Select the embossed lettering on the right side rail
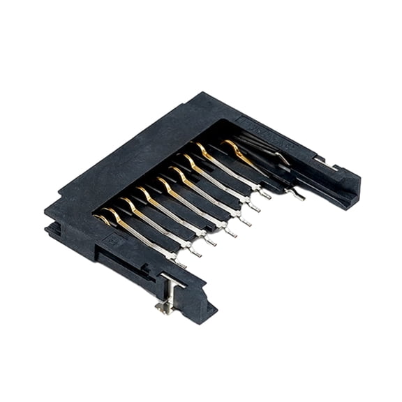(260, 128)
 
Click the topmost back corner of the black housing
(204, 94)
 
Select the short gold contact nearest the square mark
(104, 219)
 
